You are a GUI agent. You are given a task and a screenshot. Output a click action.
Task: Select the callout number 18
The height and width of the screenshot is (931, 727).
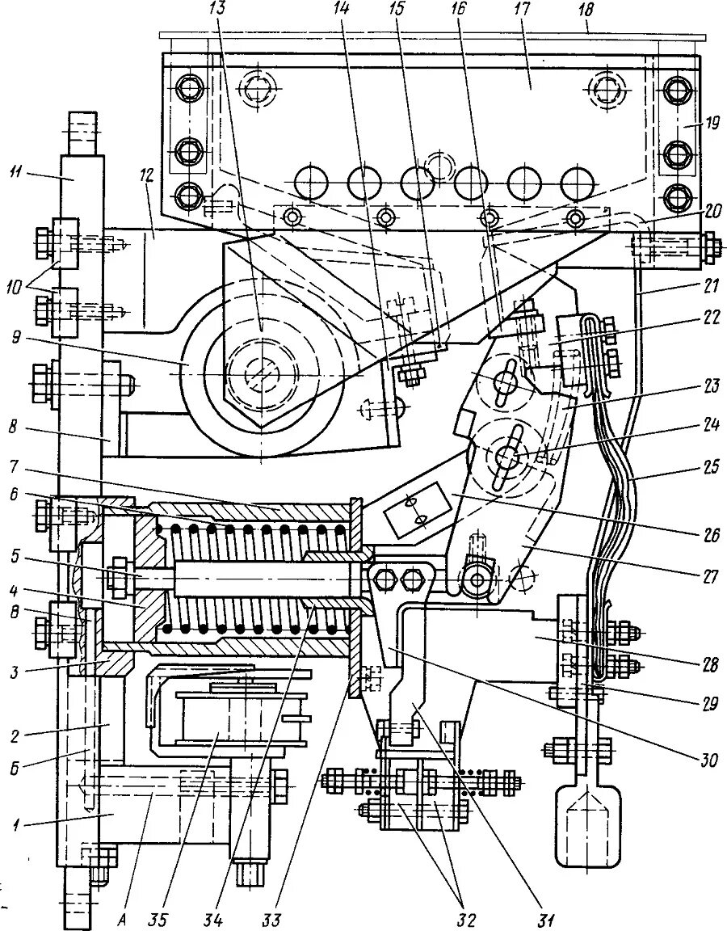tap(587, 11)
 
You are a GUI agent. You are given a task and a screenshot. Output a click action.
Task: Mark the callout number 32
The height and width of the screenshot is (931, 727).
tap(466, 918)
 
